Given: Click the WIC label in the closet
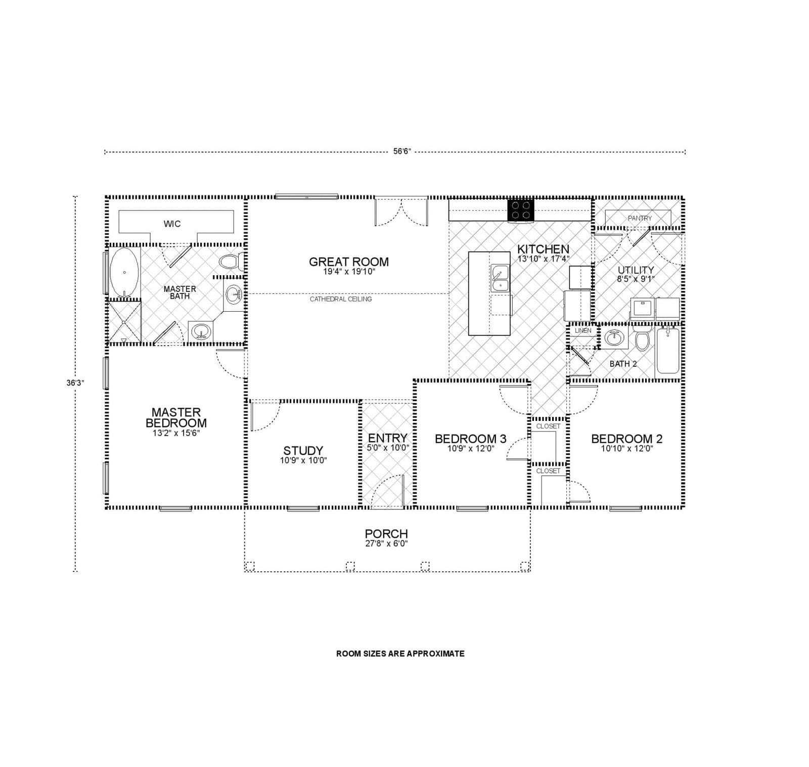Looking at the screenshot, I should tap(172, 224).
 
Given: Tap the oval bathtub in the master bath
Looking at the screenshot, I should tap(124, 272).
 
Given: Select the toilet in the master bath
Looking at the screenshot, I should tap(230, 262).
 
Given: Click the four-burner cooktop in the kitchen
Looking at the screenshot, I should tap(521, 210).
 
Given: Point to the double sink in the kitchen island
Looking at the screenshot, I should tap(500, 279).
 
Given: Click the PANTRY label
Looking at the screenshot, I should tap(640, 218).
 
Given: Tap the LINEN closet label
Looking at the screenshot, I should tap(583, 330).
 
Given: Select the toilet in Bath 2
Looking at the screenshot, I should tap(643, 339).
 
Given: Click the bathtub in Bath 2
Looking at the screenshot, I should tap(668, 350).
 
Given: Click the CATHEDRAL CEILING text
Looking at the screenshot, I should tap(341, 299).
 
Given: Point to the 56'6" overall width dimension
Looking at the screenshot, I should tap(402, 151).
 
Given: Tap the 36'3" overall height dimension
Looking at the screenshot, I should tap(75, 383).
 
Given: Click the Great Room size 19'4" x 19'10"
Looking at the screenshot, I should tap(349, 271).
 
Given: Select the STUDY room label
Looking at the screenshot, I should tap(303, 450).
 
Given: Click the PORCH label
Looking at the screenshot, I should tap(386, 533).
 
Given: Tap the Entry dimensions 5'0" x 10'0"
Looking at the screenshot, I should tap(388, 448).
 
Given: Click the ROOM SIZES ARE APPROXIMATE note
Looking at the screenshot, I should tap(400, 653).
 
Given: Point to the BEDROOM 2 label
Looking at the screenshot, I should tap(626, 439).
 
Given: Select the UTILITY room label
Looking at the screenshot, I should tap(636, 270).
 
